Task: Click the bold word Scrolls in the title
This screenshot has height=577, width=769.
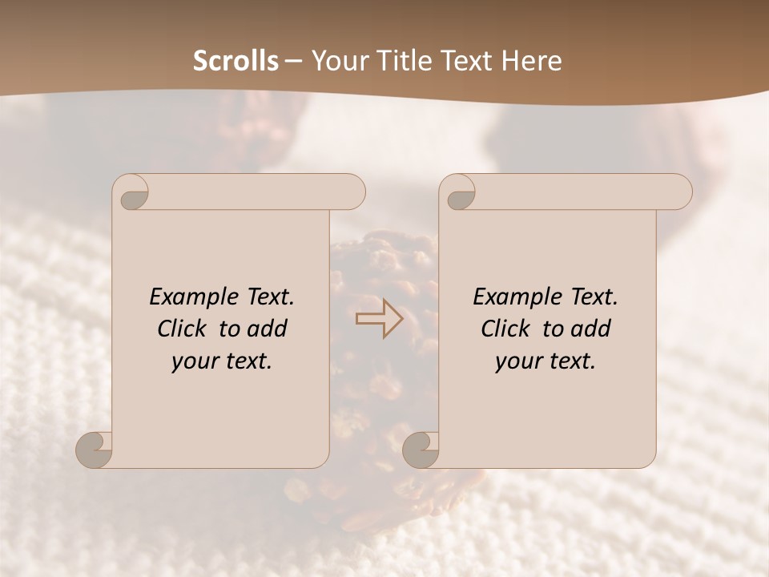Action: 236,61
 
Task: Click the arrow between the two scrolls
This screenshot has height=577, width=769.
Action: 379,318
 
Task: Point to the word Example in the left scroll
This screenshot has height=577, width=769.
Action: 195,297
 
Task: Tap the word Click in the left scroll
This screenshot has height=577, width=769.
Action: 185,329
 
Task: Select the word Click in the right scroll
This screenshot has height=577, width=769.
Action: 509,329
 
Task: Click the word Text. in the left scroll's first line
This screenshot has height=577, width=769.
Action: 270,297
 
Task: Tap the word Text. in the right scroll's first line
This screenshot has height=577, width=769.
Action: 594,297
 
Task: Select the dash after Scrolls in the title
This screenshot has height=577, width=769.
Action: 294,62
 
